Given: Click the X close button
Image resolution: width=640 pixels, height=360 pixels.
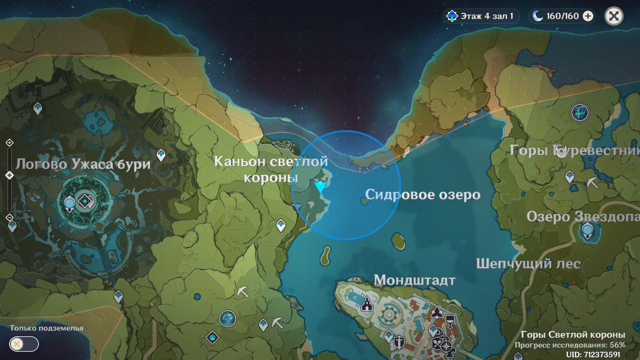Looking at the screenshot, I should (614, 16).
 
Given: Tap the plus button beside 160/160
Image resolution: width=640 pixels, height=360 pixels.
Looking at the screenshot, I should (588, 16).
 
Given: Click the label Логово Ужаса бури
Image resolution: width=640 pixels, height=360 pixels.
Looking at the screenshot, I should (83, 164).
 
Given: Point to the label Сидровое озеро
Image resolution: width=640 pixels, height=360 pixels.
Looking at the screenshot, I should (422, 195).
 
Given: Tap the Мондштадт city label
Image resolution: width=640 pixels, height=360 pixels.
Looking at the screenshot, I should (414, 281).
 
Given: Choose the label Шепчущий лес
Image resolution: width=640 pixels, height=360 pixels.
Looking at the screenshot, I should (528, 263).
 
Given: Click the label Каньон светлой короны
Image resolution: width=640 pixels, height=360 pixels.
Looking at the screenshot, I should (270, 169).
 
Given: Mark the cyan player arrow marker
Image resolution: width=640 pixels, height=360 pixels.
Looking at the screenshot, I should (320, 187).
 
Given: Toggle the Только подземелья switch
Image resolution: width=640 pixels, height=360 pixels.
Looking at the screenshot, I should (25, 344).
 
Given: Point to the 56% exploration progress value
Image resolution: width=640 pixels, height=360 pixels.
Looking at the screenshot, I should (618, 345).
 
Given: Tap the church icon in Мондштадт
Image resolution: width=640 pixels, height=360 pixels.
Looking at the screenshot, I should (367, 305).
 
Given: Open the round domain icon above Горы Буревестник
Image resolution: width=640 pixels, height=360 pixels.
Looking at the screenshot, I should (579, 112).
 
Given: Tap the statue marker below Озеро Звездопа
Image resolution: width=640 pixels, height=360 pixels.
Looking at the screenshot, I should (587, 231).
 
